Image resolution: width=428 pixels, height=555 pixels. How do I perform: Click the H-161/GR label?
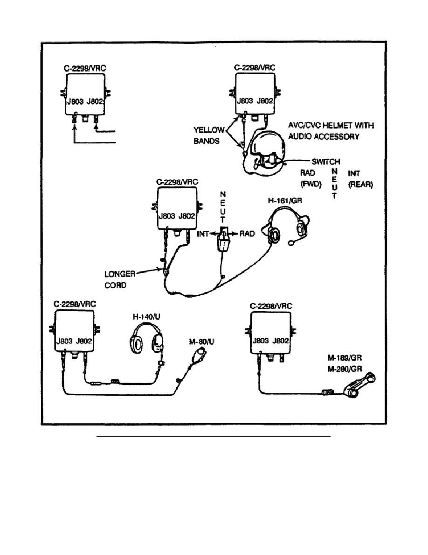pos(285,201)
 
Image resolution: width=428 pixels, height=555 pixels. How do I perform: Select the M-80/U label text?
pos(201,342)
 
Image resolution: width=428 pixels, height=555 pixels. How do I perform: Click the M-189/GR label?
pos(345,358)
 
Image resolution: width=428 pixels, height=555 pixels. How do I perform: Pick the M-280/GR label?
pos(345,369)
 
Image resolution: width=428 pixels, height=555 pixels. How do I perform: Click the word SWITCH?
pos(325,162)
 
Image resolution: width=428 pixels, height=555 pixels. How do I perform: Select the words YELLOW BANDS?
pos(209,135)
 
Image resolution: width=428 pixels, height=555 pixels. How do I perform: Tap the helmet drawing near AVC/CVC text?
pos(267,149)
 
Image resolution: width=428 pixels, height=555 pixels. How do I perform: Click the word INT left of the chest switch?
pos(203,234)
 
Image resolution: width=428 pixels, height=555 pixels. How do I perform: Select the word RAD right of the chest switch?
pos(247,234)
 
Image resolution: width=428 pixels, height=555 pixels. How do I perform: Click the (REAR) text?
pos(360,185)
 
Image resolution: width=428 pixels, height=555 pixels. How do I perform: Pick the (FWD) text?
pos(311,185)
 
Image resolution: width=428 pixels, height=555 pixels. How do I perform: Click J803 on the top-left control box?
pos(75,101)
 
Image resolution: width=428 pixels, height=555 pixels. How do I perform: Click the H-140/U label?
pos(146,316)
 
